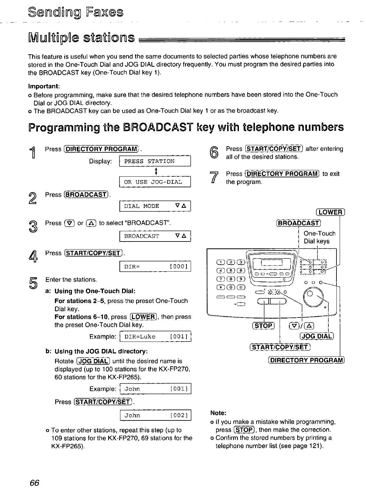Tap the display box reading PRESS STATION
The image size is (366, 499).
(155, 161)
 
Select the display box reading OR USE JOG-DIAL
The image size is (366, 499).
(155, 182)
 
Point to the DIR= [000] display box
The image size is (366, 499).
(155, 266)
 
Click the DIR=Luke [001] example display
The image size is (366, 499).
(155, 337)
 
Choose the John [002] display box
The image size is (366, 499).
(155, 416)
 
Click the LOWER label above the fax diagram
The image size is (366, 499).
(330, 212)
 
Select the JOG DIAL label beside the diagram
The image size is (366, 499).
(317, 336)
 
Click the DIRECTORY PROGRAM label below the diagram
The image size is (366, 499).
(306, 360)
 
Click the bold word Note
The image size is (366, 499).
(218, 413)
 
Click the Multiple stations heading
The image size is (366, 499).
(81, 38)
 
